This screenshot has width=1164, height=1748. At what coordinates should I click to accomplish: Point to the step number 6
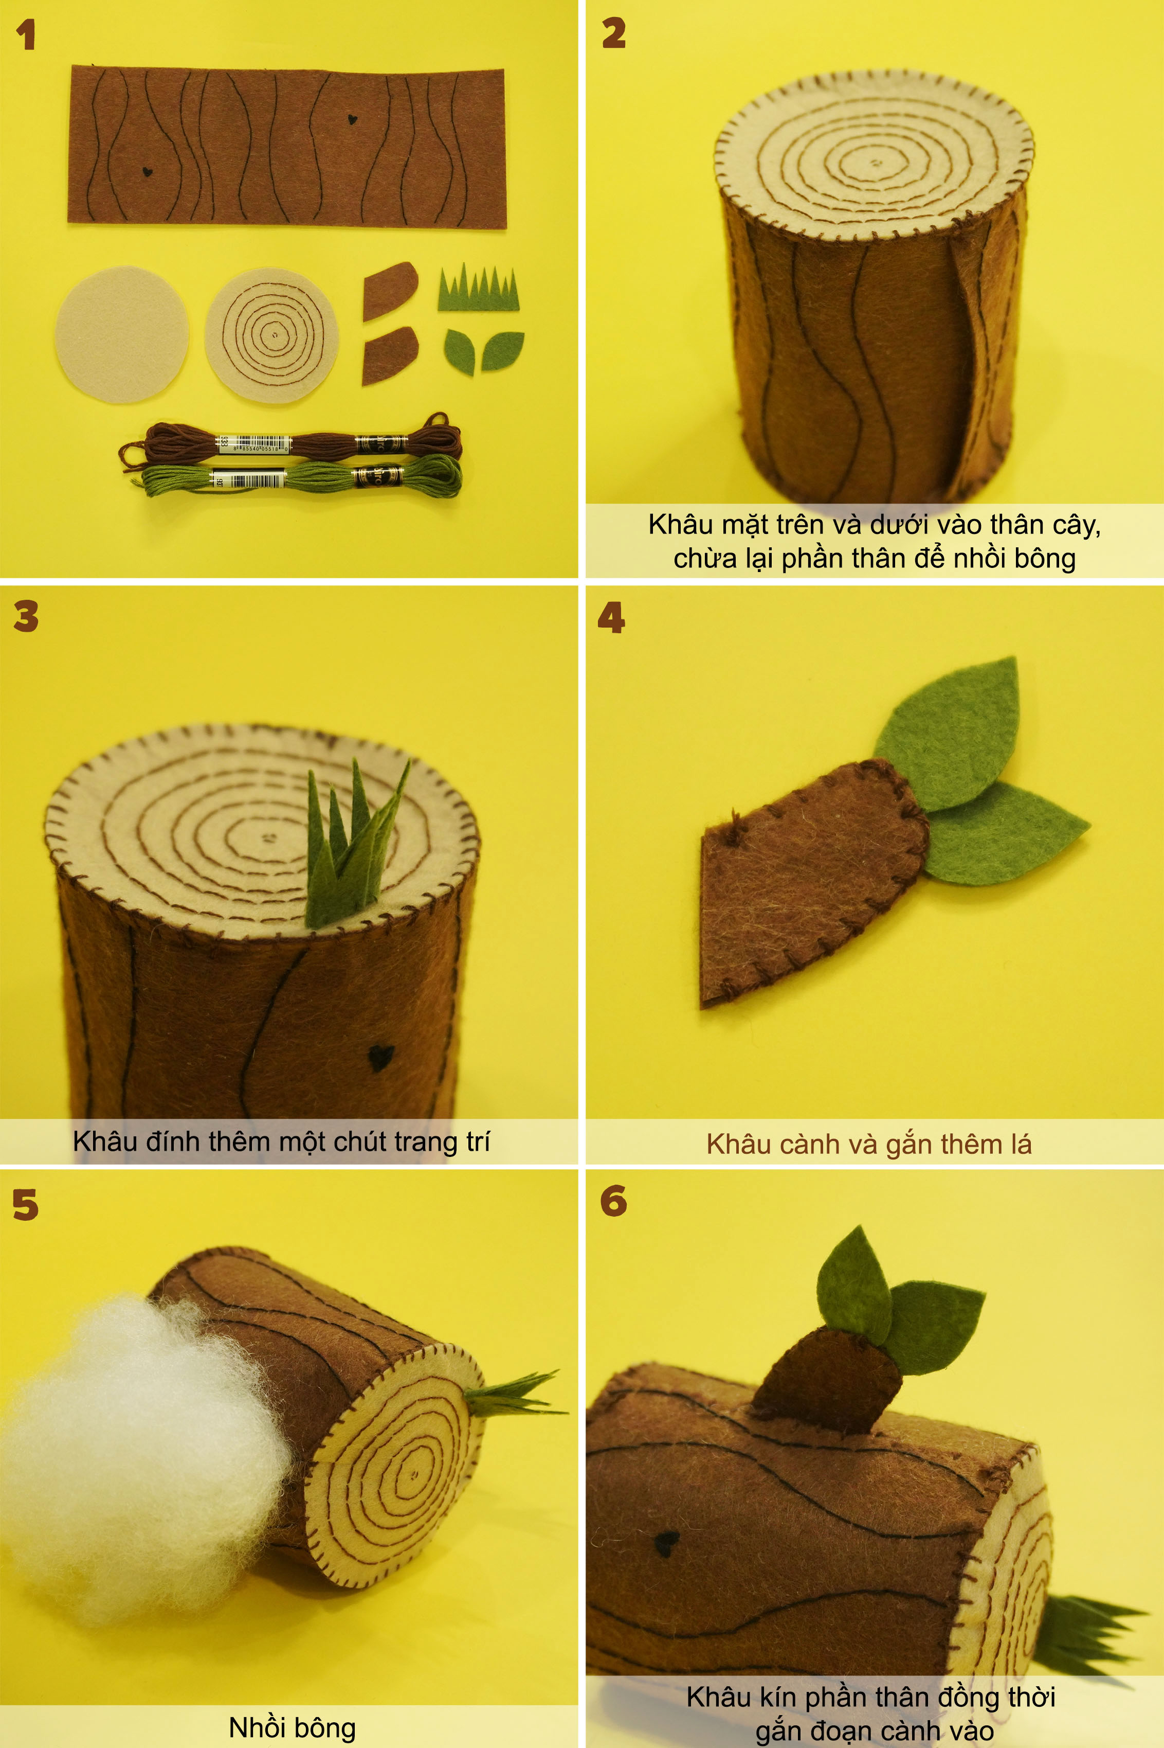[613, 1201]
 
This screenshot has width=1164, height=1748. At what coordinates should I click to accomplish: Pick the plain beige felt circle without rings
[122, 334]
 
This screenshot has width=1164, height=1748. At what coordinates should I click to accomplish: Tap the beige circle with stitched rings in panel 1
[271, 335]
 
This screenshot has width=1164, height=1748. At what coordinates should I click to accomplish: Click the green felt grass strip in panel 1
[478, 288]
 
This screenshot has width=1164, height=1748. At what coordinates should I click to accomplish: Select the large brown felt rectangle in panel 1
[287, 146]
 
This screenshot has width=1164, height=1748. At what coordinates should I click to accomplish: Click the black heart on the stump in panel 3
[380, 1058]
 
